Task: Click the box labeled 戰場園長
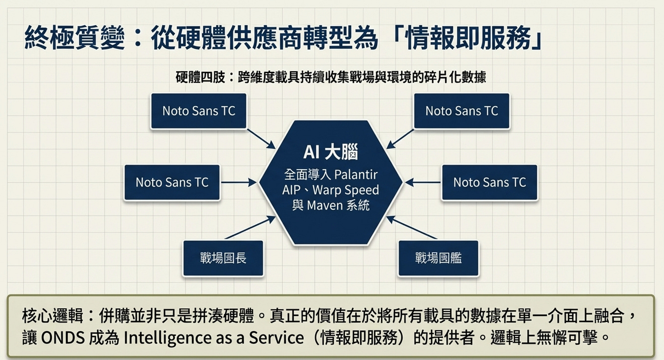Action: (223, 258)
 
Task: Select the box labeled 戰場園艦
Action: (438, 258)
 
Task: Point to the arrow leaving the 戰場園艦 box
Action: (412, 228)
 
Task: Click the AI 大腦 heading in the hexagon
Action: (331, 152)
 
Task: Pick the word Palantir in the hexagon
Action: (356, 174)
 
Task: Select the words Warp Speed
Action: (350, 190)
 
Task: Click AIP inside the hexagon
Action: (292, 190)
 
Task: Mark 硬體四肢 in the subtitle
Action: (200, 77)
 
